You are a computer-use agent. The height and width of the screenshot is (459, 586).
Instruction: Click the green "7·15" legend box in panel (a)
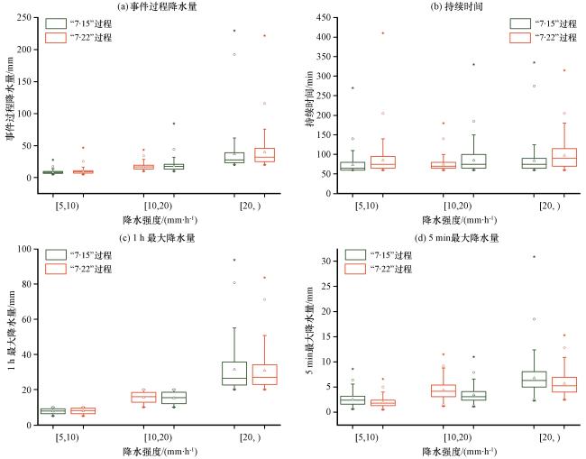click(x=55, y=23)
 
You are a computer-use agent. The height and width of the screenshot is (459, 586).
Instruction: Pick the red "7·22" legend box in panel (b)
click(x=519, y=37)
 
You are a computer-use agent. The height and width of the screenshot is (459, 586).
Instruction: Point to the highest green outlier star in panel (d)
click(x=534, y=256)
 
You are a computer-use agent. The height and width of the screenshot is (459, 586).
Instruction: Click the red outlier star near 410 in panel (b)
click(x=383, y=33)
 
